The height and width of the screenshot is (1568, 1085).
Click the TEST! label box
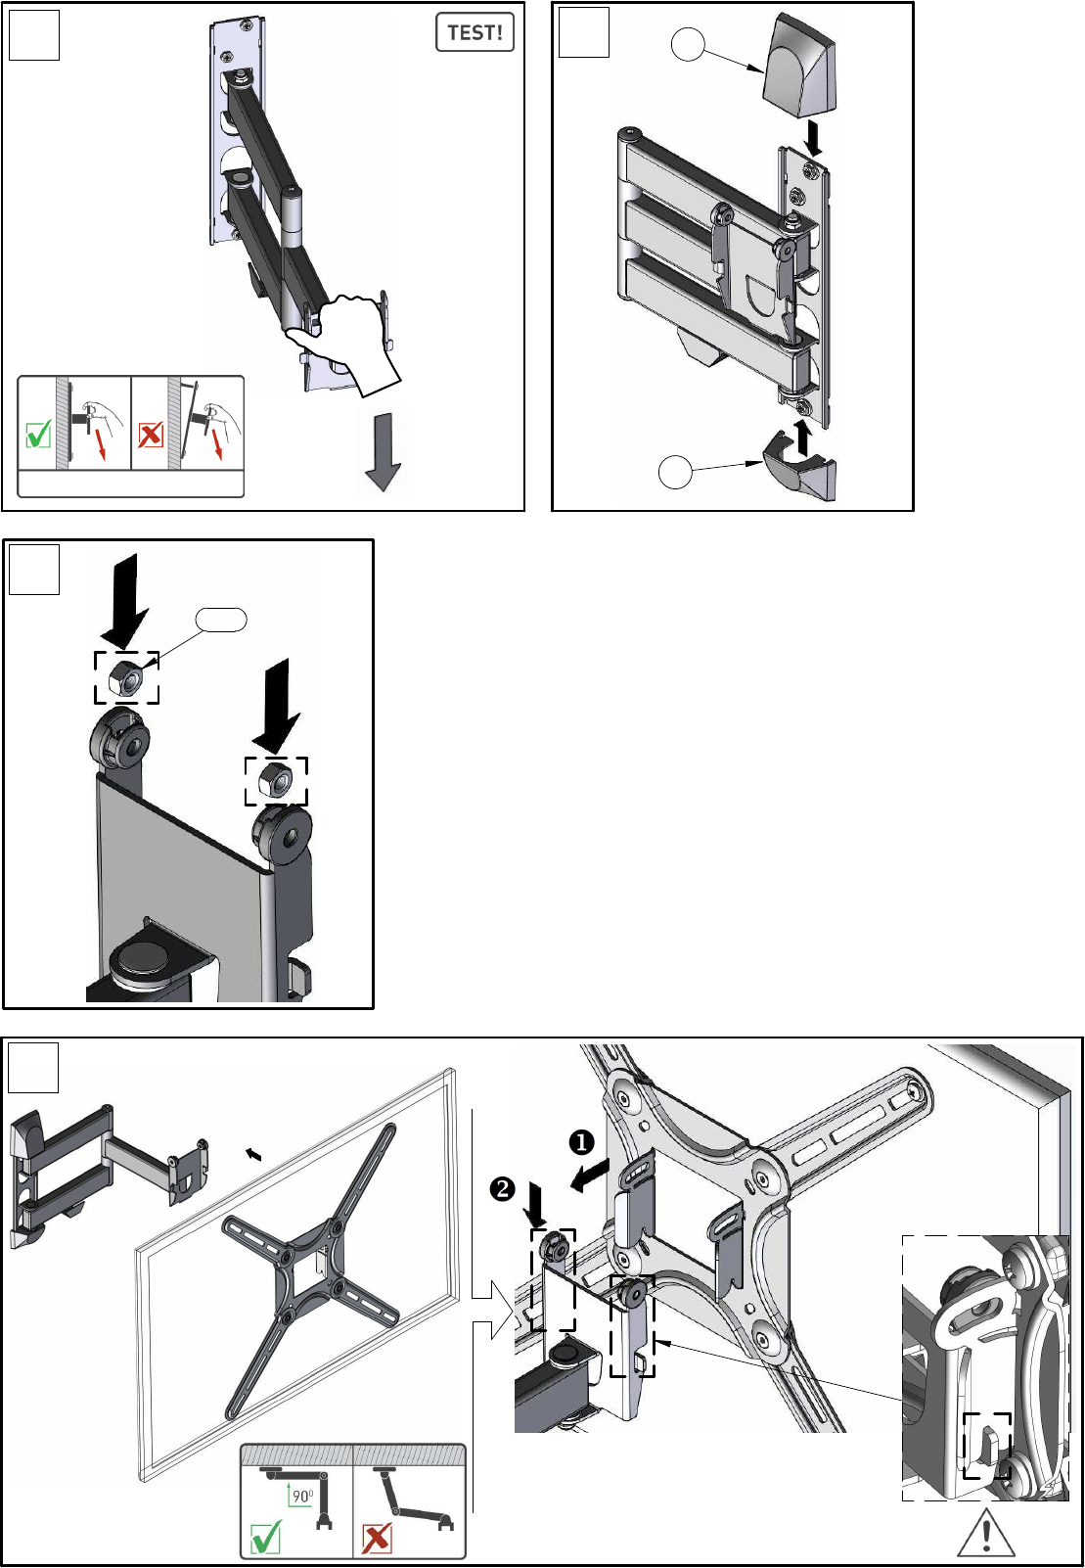pyautogui.click(x=475, y=32)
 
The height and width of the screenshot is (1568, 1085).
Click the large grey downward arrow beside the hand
pyautogui.click(x=382, y=451)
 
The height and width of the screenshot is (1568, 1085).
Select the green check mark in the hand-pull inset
pyautogui.click(x=38, y=434)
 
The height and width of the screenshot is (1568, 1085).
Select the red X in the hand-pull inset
pyautogui.click(x=151, y=435)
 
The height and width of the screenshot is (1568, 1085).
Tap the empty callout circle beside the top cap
pyautogui.click(x=688, y=45)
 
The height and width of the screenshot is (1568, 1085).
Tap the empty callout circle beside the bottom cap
pyautogui.click(x=675, y=472)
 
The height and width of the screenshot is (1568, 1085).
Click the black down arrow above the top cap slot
pyautogui.click(x=814, y=139)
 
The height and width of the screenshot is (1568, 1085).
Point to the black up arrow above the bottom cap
pyautogui.click(x=803, y=438)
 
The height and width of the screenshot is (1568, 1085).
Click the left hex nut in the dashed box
pyautogui.click(x=126, y=677)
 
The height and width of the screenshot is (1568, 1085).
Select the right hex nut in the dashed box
pyautogui.click(x=276, y=780)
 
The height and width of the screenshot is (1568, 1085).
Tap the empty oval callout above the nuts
pyautogui.click(x=220, y=620)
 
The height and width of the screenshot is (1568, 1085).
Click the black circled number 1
pyautogui.click(x=581, y=1142)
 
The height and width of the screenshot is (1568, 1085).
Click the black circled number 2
pyautogui.click(x=502, y=1188)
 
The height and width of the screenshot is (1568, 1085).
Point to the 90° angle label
pyautogui.click(x=303, y=1496)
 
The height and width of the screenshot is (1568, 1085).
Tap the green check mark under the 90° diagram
pyautogui.click(x=266, y=1537)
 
